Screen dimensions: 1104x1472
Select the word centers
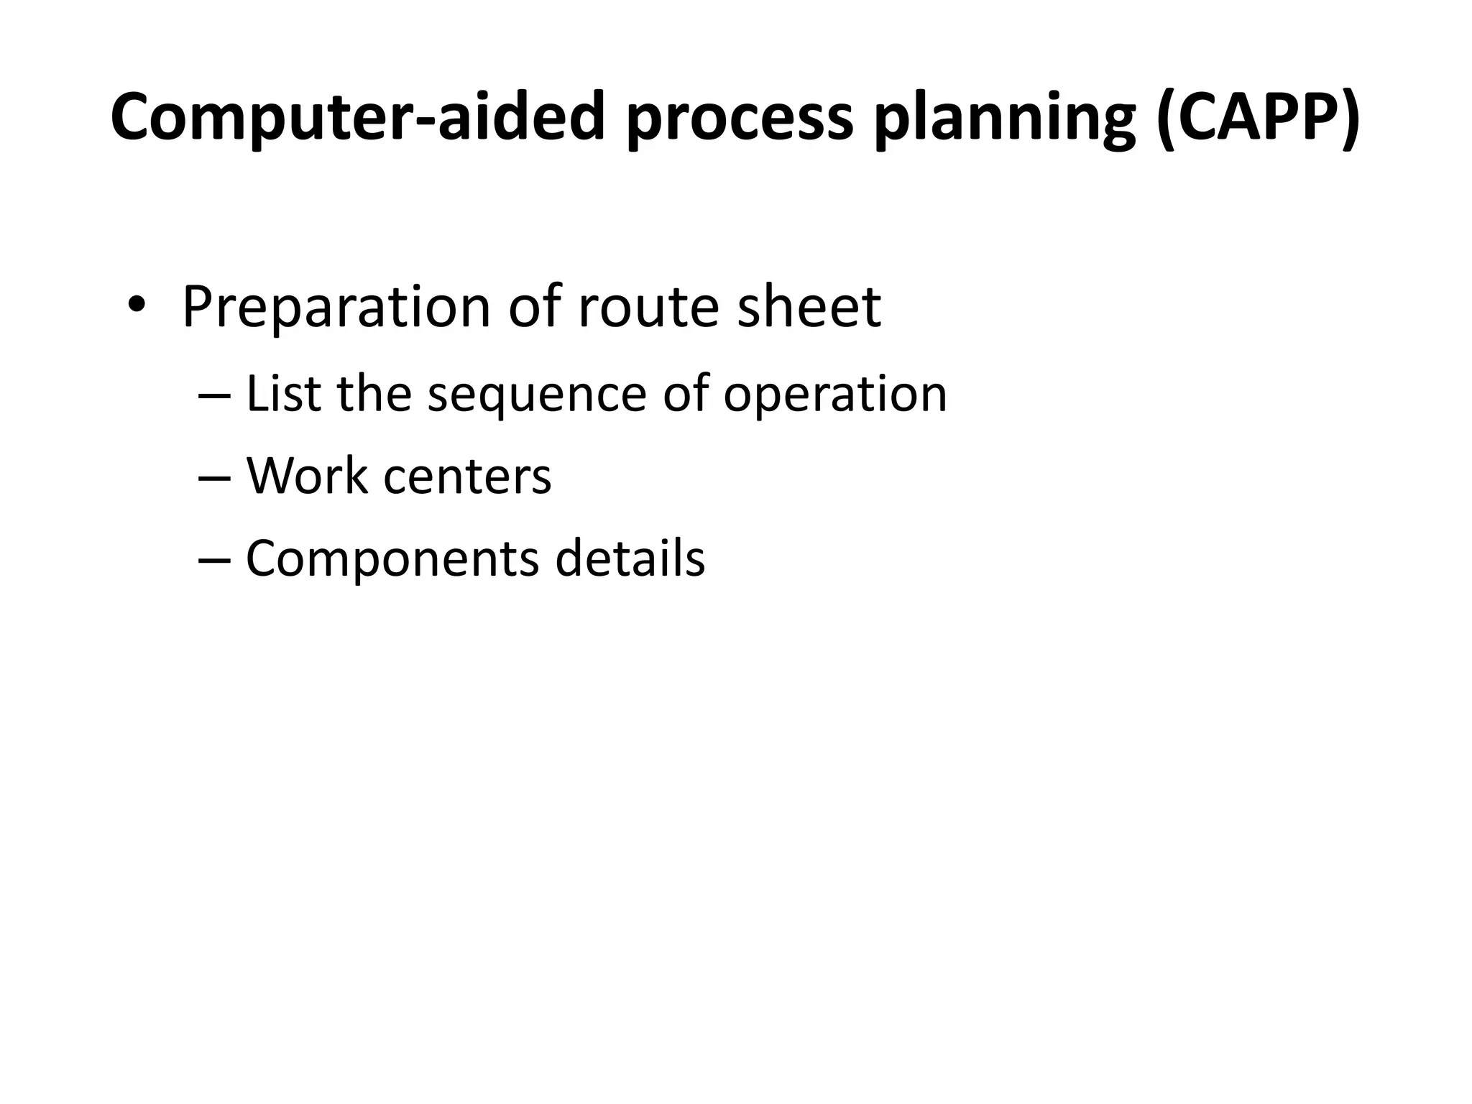coord(467,477)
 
